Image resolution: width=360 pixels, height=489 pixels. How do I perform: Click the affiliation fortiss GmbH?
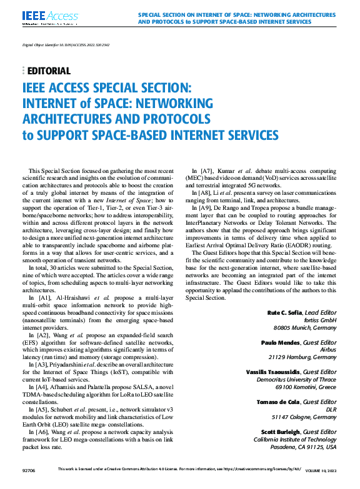[x=321, y=319]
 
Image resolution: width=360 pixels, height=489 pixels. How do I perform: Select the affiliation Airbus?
[x=328, y=349]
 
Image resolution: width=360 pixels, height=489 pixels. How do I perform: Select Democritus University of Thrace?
[x=294, y=379]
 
